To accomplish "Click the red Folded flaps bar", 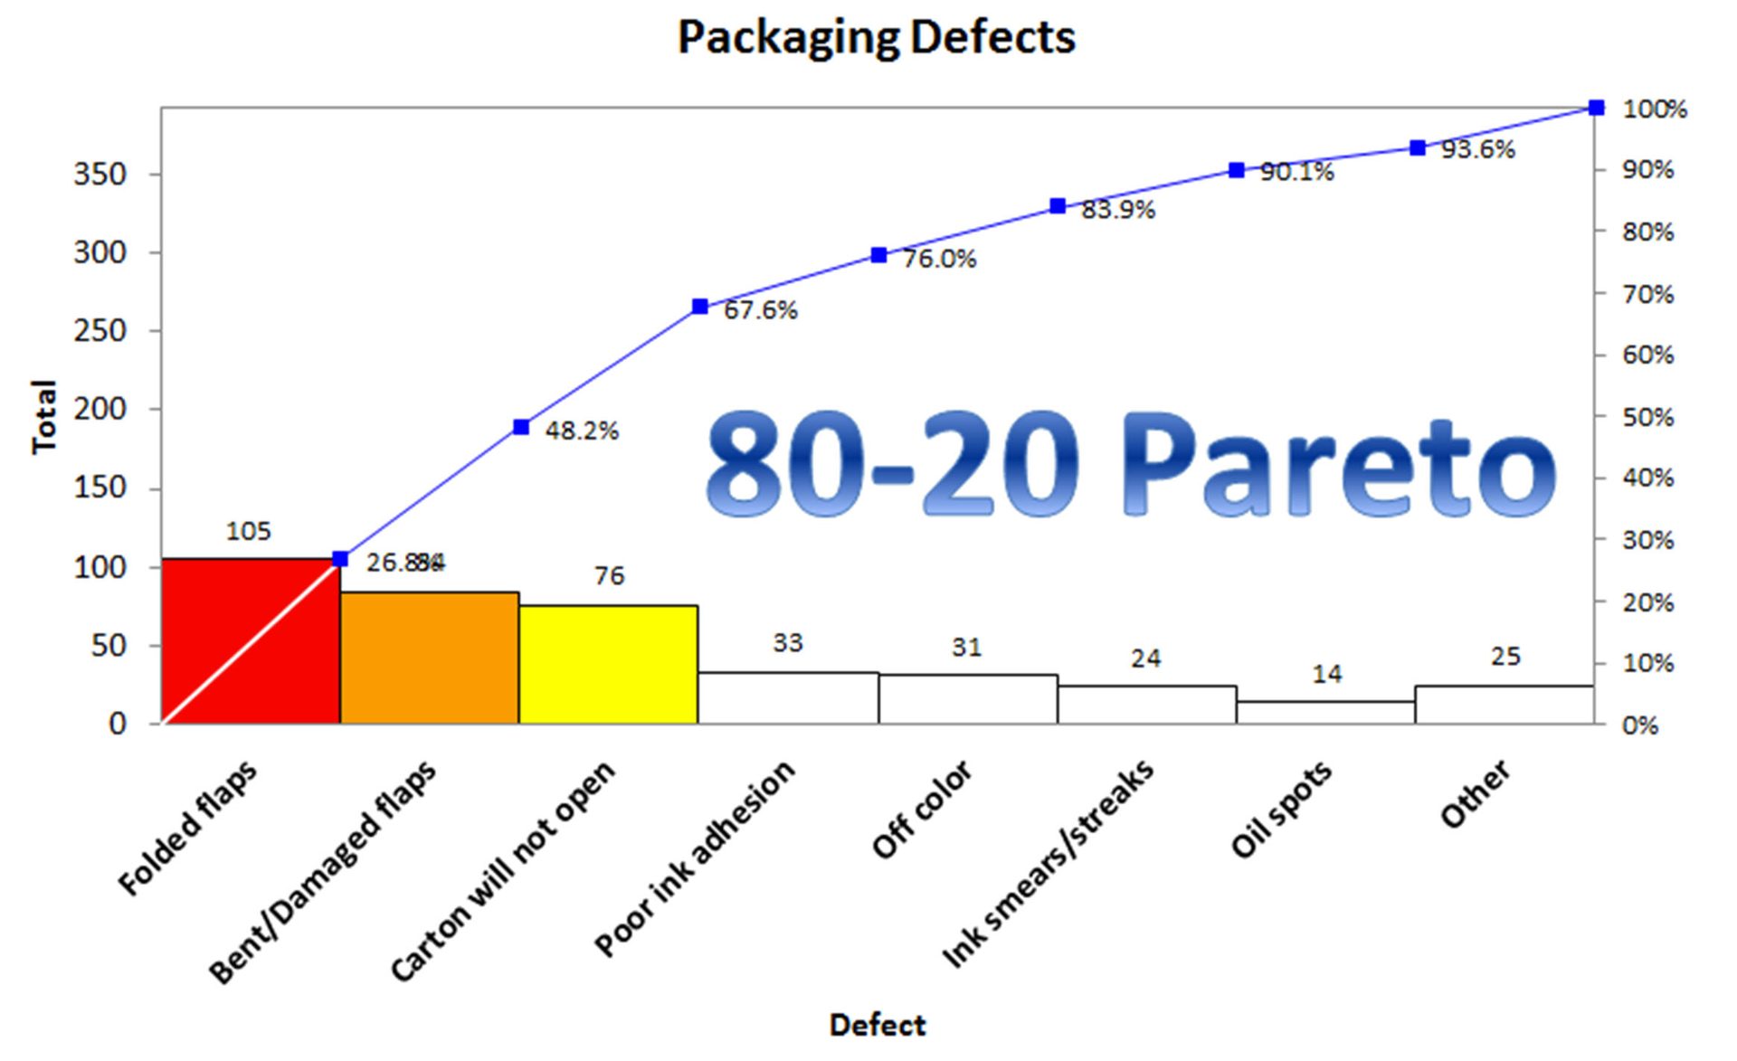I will [x=251, y=641].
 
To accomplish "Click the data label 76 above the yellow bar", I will [x=609, y=576].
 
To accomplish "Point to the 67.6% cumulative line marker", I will [x=699, y=307].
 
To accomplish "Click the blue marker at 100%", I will [x=1596, y=108].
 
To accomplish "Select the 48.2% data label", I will [x=582, y=431].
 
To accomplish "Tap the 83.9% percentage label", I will [x=1118, y=210].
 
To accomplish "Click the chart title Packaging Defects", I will [x=876, y=38].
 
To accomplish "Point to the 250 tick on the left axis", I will [x=100, y=330].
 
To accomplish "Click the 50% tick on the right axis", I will [x=1647, y=418].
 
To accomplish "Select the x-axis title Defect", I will [x=877, y=1025].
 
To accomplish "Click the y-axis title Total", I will [x=43, y=417].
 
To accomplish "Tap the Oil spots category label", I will [x=1280, y=810].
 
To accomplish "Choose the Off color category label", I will [x=921, y=810].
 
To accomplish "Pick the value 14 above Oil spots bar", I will [x=1326, y=674].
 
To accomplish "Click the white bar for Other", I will [x=1504, y=705].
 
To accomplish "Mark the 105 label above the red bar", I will [x=248, y=531].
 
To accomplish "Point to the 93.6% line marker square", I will [x=1418, y=147].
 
